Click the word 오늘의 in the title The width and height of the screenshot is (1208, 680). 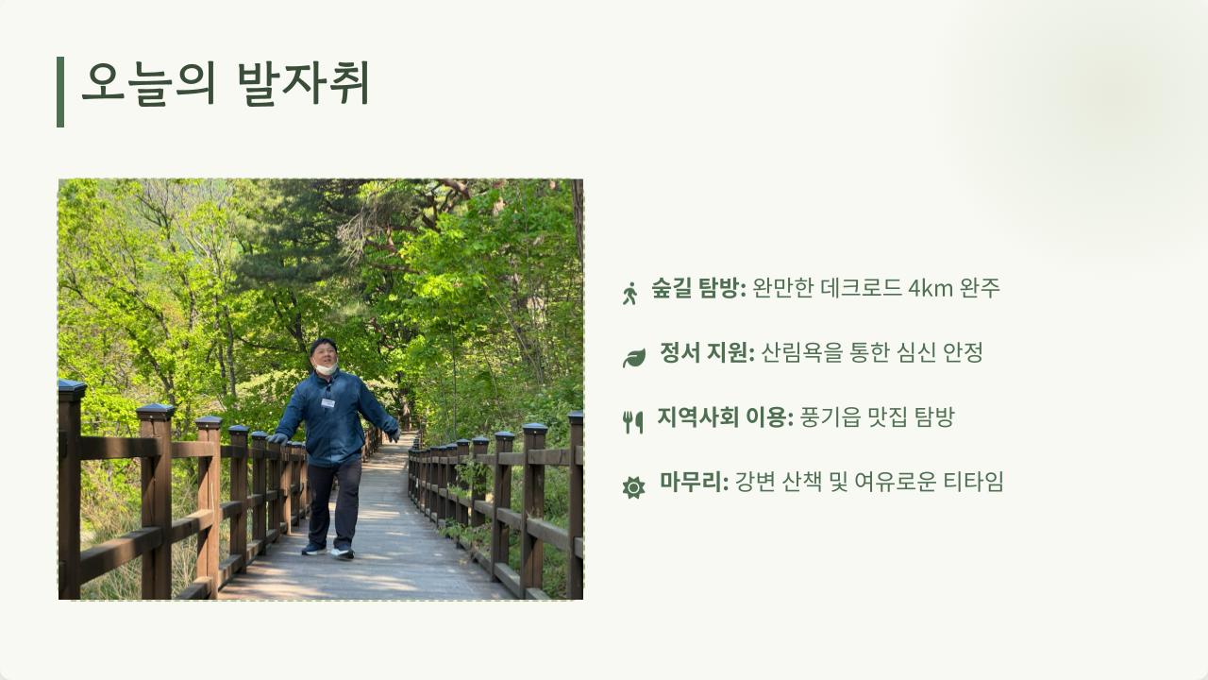(x=149, y=84)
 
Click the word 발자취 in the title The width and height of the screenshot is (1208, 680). (x=304, y=84)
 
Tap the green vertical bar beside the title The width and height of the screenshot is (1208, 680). (x=60, y=92)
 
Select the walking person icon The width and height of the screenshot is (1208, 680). (x=629, y=293)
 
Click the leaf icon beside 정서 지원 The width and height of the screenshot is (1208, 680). (x=634, y=358)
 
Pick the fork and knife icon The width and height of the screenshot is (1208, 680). (x=633, y=422)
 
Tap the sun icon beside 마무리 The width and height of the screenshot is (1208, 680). (x=633, y=487)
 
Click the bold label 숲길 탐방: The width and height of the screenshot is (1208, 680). (x=699, y=288)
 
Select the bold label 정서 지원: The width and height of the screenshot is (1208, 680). (x=708, y=352)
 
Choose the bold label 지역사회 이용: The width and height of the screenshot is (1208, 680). (x=726, y=417)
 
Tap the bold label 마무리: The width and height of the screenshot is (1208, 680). (x=694, y=482)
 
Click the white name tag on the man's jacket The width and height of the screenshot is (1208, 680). (x=327, y=402)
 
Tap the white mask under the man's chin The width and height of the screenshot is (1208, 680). (x=327, y=368)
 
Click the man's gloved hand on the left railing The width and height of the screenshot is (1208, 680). (x=277, y=438)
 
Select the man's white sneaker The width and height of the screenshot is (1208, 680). (x=342, y=553)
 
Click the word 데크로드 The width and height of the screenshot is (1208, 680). (x=862, y=288)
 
